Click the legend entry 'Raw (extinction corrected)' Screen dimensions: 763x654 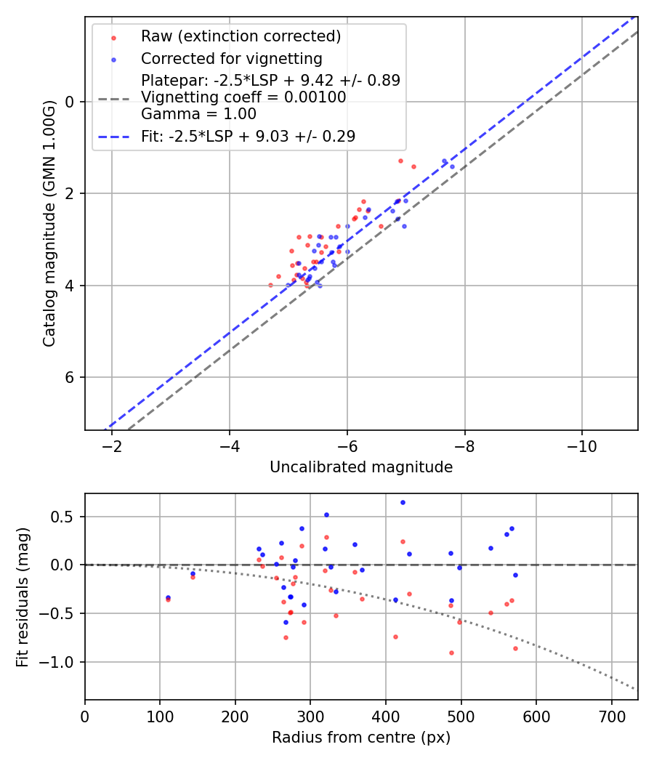pyautogui.click(x=241, y=36)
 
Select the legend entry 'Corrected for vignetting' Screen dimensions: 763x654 pyautogui.click(x=231, y=58)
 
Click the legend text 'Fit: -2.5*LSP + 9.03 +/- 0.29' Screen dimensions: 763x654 pyautogui.click(x=248, y=136)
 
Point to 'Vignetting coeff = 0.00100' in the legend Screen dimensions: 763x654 pyautogui.click(x=243, y=97)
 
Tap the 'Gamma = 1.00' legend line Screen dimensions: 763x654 pyautogui.click(x=198, y=114)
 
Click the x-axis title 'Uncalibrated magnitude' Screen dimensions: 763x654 pyautogui.click(x=361, y=467)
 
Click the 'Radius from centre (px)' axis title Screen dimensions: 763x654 pyautogui.click(x=361, y=738)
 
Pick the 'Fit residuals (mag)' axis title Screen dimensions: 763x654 pyautogui.click(x=23, y=596)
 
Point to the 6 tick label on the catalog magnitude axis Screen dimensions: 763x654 pyautogui.click(x=70, y=377)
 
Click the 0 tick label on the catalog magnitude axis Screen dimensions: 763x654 pyautogui.click(x=70, y=102)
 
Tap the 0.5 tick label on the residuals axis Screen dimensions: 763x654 pyautogui.click(x=65, y=517)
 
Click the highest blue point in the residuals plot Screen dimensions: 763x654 pyautogui.click(x=403, y=502)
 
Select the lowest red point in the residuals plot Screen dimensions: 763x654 pyautogui.click(x=451, y=653)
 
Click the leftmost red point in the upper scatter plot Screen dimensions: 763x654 pyautogui.click(x=271, y=285)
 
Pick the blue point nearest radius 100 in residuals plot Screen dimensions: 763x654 pyautogui.click(x=168, y=597)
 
